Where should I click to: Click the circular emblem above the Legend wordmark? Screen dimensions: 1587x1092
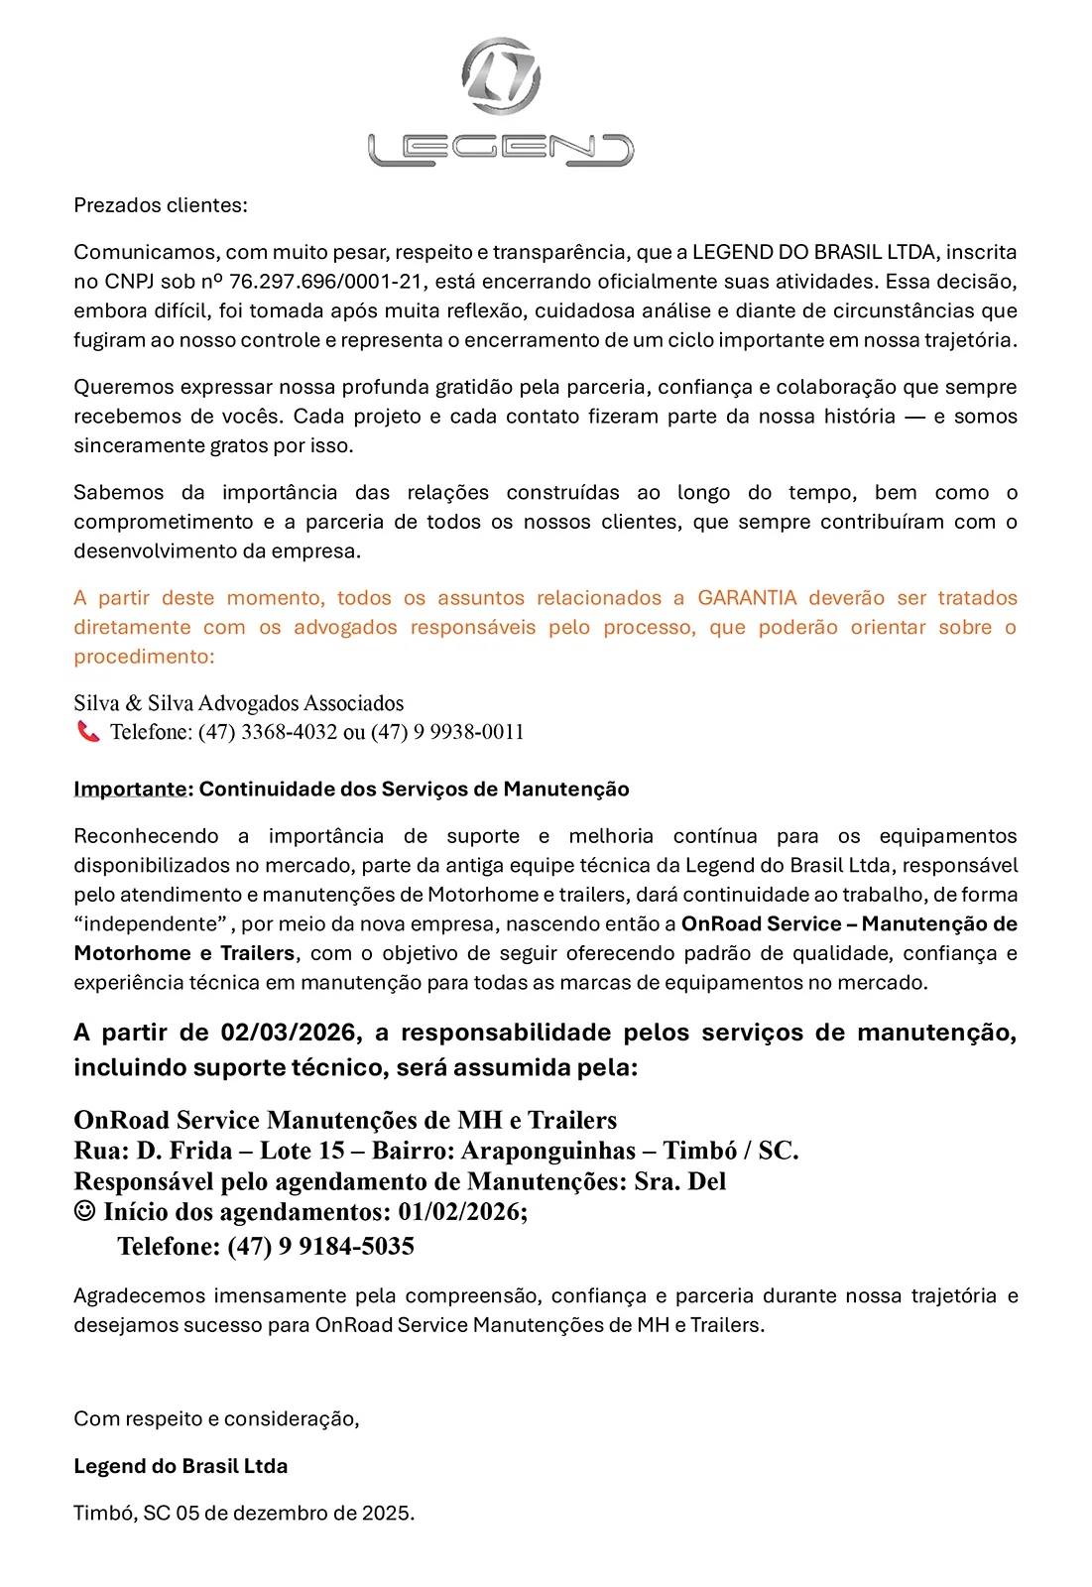[x=501, y=76]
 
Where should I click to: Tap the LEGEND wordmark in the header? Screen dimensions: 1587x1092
[x=501, y=150]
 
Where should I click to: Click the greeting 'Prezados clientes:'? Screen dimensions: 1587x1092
[x=161, y=205]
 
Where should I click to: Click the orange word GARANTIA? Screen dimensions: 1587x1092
[x=747, y=598]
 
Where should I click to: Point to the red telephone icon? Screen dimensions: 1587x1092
[x=88, y=732]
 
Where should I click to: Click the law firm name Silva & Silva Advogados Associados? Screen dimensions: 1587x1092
[x=238, y=703]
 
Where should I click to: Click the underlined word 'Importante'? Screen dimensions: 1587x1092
[x=130, y=790]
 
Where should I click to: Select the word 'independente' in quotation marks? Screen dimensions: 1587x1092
[x=151, y=924]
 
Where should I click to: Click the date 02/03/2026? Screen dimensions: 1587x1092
[x=288, y=1033]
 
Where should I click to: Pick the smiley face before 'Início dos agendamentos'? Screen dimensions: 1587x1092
[x=85, y=1211]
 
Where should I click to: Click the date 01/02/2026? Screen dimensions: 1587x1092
[x=460, y=1212]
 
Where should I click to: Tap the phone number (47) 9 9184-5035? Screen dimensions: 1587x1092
[x=320, y=1247]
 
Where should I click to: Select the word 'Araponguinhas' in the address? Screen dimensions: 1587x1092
[x=548, y=1151]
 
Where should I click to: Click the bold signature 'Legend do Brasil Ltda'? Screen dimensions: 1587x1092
[x=181, y=1466]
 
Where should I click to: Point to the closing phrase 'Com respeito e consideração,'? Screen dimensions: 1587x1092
[x=216, y=1419]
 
